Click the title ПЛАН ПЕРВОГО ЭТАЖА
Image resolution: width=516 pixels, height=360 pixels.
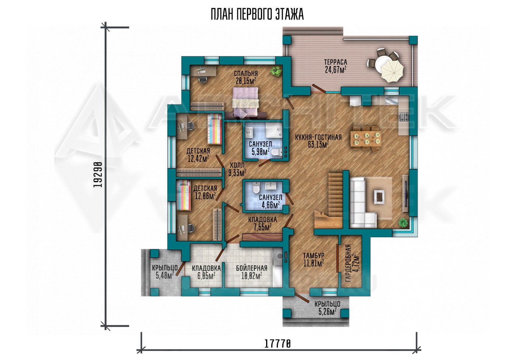[257, 15]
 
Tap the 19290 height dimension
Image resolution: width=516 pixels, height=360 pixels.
[98, 174]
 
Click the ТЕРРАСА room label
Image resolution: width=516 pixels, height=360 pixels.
[336, 62]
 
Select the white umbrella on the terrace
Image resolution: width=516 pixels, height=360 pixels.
[392, 71]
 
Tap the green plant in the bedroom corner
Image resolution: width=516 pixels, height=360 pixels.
[276, 71]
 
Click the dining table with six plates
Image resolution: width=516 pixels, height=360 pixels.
[366, 139]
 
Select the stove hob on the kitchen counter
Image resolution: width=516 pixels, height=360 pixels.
[404, 117]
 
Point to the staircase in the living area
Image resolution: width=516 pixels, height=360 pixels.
[331, 201]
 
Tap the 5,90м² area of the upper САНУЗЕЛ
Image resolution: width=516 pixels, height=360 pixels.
[259, 152]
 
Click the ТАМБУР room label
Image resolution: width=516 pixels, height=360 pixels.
[314, 255]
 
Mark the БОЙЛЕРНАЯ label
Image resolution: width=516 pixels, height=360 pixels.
[251, 268]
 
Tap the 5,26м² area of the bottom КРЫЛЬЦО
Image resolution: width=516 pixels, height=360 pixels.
[327, 312]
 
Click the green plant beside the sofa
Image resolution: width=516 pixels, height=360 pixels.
[404, 222]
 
